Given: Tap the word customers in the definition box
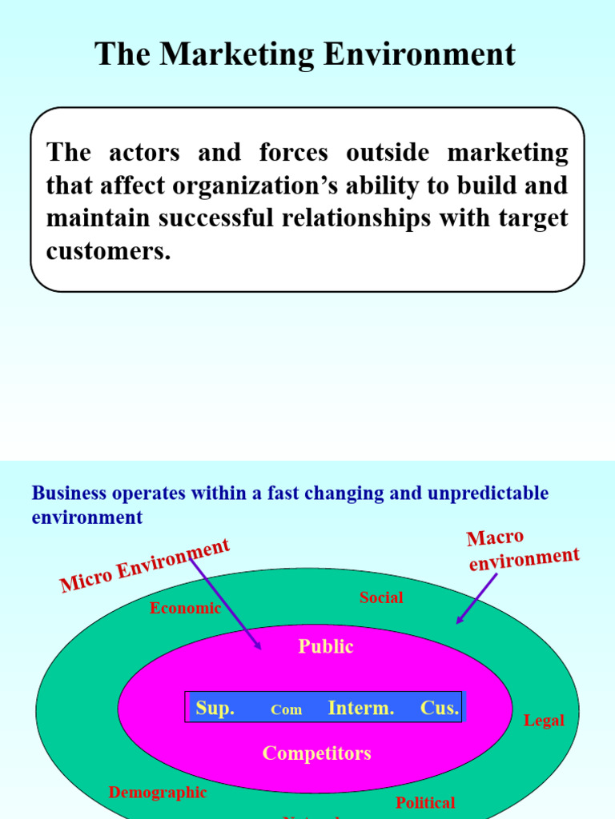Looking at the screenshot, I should pos(108,251).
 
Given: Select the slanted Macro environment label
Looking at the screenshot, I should pos(522,550).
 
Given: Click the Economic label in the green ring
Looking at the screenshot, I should pos(185,608).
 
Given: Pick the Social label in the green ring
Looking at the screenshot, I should pos(381,597).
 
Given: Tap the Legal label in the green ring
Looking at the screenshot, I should pos(544,721).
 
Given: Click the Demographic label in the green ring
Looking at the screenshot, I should pos(158,793).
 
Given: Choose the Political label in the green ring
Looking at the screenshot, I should pos(425,802).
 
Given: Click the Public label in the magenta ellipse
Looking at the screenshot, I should pos(326,646).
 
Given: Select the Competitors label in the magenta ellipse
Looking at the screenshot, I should pos(317,753).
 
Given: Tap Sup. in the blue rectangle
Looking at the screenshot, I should pos(215,709).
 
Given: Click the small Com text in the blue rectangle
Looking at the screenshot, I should pos(286,710).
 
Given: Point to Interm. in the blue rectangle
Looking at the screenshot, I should pos(361,709).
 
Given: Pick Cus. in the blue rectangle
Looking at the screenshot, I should pos(440,709).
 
